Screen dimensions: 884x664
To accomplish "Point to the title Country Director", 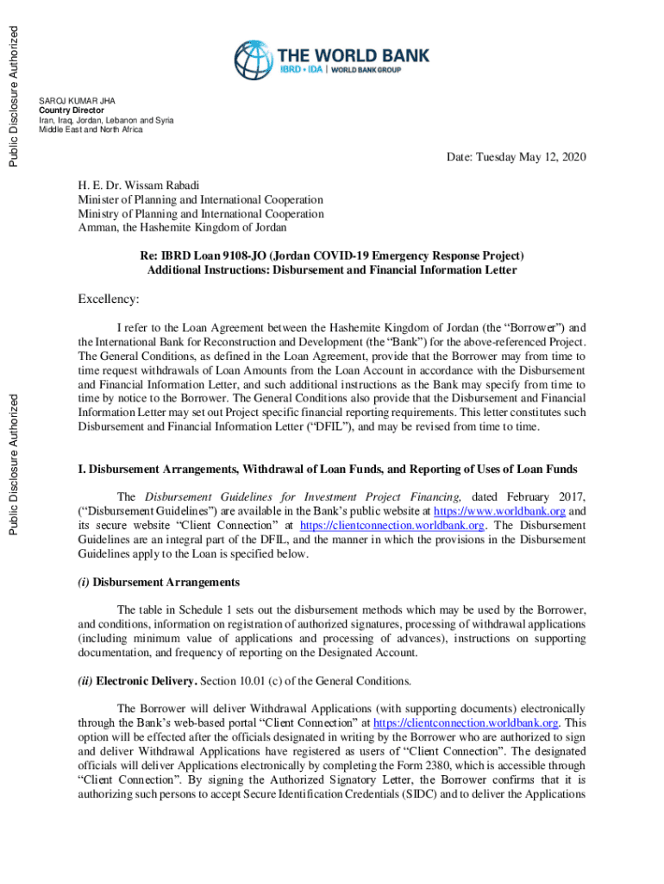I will [x=72, y=110].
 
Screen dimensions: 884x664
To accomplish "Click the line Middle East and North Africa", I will [x=91, y=129].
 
